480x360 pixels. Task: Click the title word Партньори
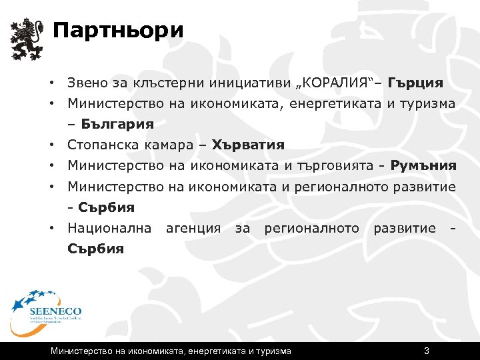pyautogui.click(x=117, y=31)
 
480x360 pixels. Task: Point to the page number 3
pyautogui.click(x=426, y=351)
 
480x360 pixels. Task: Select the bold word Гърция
pyautogui.click(x=416, y=83)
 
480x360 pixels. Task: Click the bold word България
pyautogui.click(x=117, y=124)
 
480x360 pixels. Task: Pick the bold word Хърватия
pyautogui.click(x=248, y=145)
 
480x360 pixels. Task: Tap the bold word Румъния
pyautogui.click(x=424, y=165)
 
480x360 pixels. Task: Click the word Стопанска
pyautogui.click(x=103, y=145)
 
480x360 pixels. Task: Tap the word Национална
pyautogui.click(x=109, y=228)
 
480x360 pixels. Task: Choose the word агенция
pyautogui.click(x=193, y=228)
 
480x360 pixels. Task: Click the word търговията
pyautogui.click(x=333, y=165)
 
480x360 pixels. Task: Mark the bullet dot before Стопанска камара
pyautogui.click(x=51, y=145)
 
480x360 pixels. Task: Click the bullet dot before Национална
pyautogui.click(x=51, y=229)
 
